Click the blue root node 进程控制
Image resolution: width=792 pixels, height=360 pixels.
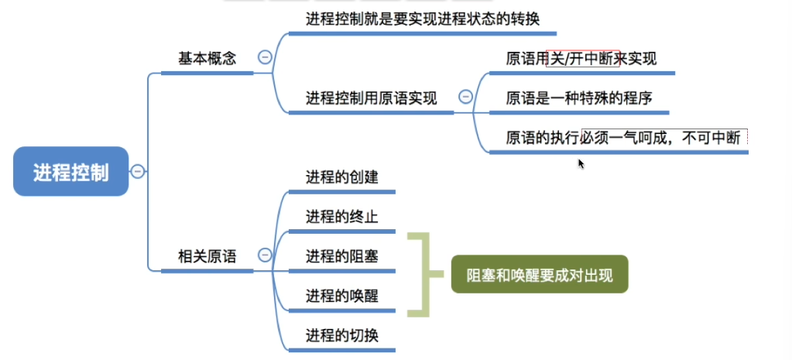pyautogui.click(x=70, y=171)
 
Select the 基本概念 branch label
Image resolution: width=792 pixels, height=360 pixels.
pyautogui.click(x=207, y=58)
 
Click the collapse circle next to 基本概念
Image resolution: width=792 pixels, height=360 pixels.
pyautogui.click(x=265, y=57)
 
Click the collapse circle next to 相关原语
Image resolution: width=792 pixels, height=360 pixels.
pyautogui.click(x=265, y=255)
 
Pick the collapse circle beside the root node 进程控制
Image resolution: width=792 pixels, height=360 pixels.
pyautogui.click(x=138, y=171)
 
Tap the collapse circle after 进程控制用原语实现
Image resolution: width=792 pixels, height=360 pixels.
pyautogui.click(x=465, y=97)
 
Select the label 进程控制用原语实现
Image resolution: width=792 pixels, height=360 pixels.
pyautogui.click(x=371, y=98)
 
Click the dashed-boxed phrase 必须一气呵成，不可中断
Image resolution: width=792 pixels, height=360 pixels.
pyautogui.click(x=665, y=138)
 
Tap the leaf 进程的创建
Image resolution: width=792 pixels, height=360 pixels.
pyautogui.click(x=341, y=177)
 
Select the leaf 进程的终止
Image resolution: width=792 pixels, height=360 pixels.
pyautogui.click(x=341, y=216)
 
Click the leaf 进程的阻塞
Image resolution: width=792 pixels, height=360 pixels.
pyautogui.click(x=341, y=255)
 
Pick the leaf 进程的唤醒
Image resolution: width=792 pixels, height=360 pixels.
pyautogui.click(x=341, y=295)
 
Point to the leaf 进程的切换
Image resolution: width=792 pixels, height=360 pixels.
pyautogui.click(x=341, y=334)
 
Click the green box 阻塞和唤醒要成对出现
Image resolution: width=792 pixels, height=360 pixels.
pyautogui.click(x=539, y=275)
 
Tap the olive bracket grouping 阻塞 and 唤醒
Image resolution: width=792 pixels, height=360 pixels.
pyautogui.click(x=420, y=275)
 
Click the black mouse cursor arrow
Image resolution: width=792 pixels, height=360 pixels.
pyautogui.click(x=581, y=163)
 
